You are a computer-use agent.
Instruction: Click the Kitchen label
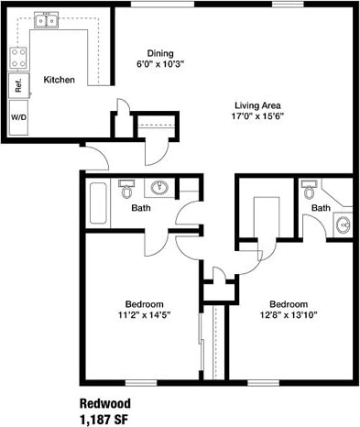(59, 80)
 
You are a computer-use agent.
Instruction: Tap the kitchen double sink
(46, 18)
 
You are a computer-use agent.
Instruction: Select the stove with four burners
(17, 58)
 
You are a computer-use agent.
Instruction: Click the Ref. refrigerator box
(17, 86)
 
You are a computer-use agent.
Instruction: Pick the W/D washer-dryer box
(18, 118)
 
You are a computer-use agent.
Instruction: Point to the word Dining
(160, 53)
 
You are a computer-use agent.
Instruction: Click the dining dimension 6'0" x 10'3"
(160, 64)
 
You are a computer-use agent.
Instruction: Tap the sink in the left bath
(159, 188)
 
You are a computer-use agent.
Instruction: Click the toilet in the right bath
(309, 190)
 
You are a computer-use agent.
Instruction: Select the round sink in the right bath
(343, 224)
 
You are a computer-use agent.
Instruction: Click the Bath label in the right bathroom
(320, 208)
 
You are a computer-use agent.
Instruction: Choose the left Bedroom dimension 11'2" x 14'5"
(144, 315)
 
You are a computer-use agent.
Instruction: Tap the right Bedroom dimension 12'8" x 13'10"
(289, 315)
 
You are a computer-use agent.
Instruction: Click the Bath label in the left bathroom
(141, 208)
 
